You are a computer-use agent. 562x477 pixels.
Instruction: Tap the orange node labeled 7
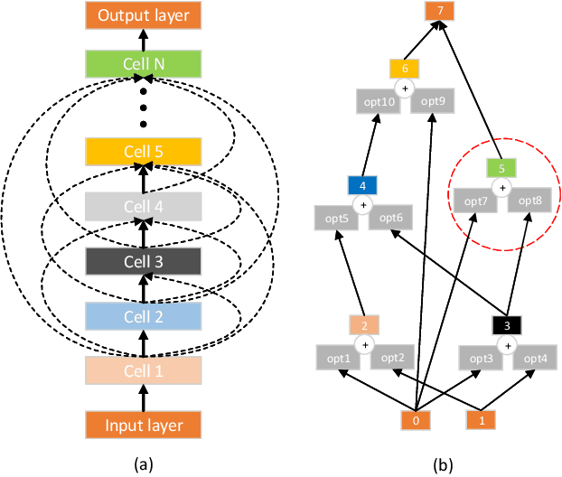click(440, 12)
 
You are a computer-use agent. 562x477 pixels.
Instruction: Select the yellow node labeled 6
click(405, 69)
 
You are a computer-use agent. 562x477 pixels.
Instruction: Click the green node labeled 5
click(501, 166)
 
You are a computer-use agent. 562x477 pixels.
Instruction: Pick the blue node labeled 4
click(362, 186)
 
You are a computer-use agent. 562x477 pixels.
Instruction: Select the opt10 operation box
click(380, 102)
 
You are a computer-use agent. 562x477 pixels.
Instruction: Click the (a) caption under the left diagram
click(142, 463)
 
